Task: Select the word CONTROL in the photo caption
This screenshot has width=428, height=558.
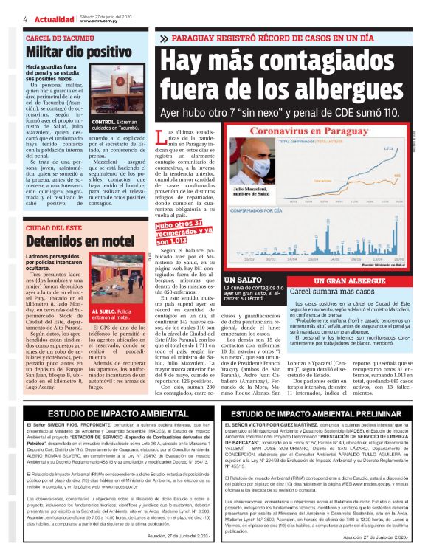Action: click(103, 121)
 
